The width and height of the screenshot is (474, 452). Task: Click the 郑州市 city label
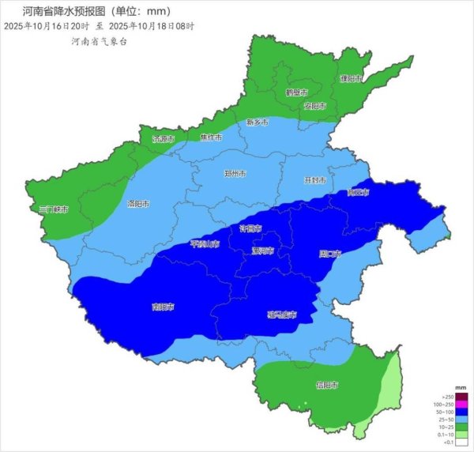coord(235,173)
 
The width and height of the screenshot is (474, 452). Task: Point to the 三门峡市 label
coord(54,209)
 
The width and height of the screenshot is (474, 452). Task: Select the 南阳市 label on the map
coord(163,307)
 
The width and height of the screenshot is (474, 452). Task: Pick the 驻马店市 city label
coord(281,315)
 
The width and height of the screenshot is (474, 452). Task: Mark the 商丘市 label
coord(358,192)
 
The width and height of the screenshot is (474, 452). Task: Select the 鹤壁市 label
coord(296,92)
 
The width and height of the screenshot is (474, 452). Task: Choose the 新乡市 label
coord(257,122)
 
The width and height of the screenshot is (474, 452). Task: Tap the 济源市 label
coord(164,139)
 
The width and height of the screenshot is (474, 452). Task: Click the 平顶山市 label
coord(204,244)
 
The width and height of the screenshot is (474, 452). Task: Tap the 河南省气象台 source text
coord(99,41)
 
